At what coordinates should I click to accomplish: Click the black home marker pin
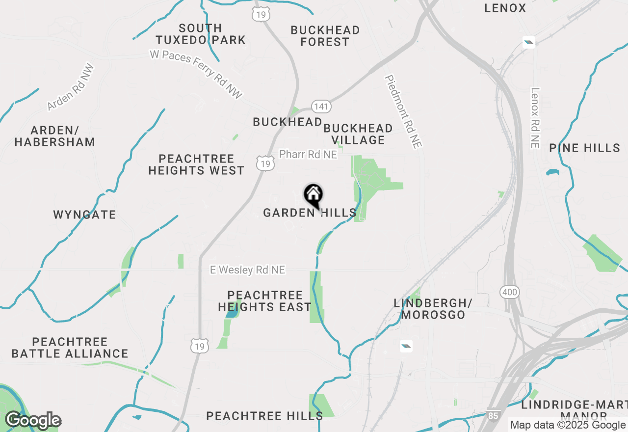pyautogui.click(x=314, y=195)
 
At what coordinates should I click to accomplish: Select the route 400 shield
pyautogui.click(x=510, y=293)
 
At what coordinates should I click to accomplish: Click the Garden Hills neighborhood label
pyautogui.click(x=309, y=213)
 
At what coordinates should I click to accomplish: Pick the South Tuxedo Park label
pyautogui.click(x=201, y=34)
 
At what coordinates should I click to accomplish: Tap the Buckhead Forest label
pyautogui.click(x=325, y=36)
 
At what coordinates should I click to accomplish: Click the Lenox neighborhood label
pyautogui.click(x=505, y=8)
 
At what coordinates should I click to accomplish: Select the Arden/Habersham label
pyautogui.click(x=54, y=136)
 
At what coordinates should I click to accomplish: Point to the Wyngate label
pyautogui.click(x=84, y=215)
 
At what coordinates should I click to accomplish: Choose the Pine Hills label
pyautogui.click(x=584, y=148)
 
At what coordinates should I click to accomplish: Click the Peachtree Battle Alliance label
pyautogui.click(x=70, y=348)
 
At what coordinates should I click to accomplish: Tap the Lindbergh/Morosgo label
pyautogui.click(x=433, y=309)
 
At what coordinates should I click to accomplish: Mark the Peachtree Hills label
pyautogui.click(x=264, y=416)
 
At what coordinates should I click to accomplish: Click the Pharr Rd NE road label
pyautogui.click(x=308, y=155)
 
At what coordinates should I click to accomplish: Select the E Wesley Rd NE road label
pyautogui.click(x=247, y=270)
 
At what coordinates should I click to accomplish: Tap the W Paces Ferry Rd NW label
pyautogui.click(x=196, y=74)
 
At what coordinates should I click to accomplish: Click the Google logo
pyautogui.click(x=33, y=421)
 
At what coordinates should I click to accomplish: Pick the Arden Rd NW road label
pyautogui.click(x=71, y=87)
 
